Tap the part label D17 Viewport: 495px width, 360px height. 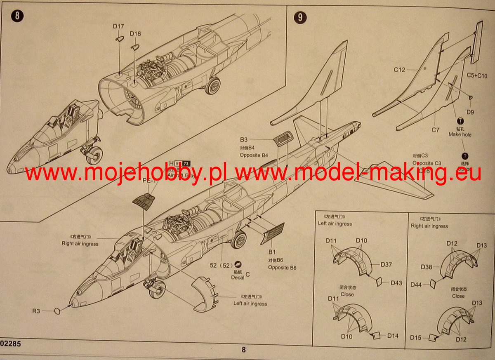(118, 27)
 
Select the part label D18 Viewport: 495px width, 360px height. (135, 33)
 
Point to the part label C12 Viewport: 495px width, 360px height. (399, 70)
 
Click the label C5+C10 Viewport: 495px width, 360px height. (477, 76)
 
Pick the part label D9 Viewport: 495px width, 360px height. (470, 112)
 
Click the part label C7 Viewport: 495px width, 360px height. (436, 130)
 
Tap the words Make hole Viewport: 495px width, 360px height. (460, 134)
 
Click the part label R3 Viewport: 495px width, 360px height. (36, 311)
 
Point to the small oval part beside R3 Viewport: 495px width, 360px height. (57, 311)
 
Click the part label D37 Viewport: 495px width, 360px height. (387, 264)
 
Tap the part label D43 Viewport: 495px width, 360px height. (396, 283)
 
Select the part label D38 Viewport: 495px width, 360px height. (427, 267)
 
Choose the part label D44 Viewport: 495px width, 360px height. (416, 285)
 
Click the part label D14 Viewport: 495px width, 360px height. (393, 336)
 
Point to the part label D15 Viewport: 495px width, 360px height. (416, 338)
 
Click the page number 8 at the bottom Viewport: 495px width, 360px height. (243, 350)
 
